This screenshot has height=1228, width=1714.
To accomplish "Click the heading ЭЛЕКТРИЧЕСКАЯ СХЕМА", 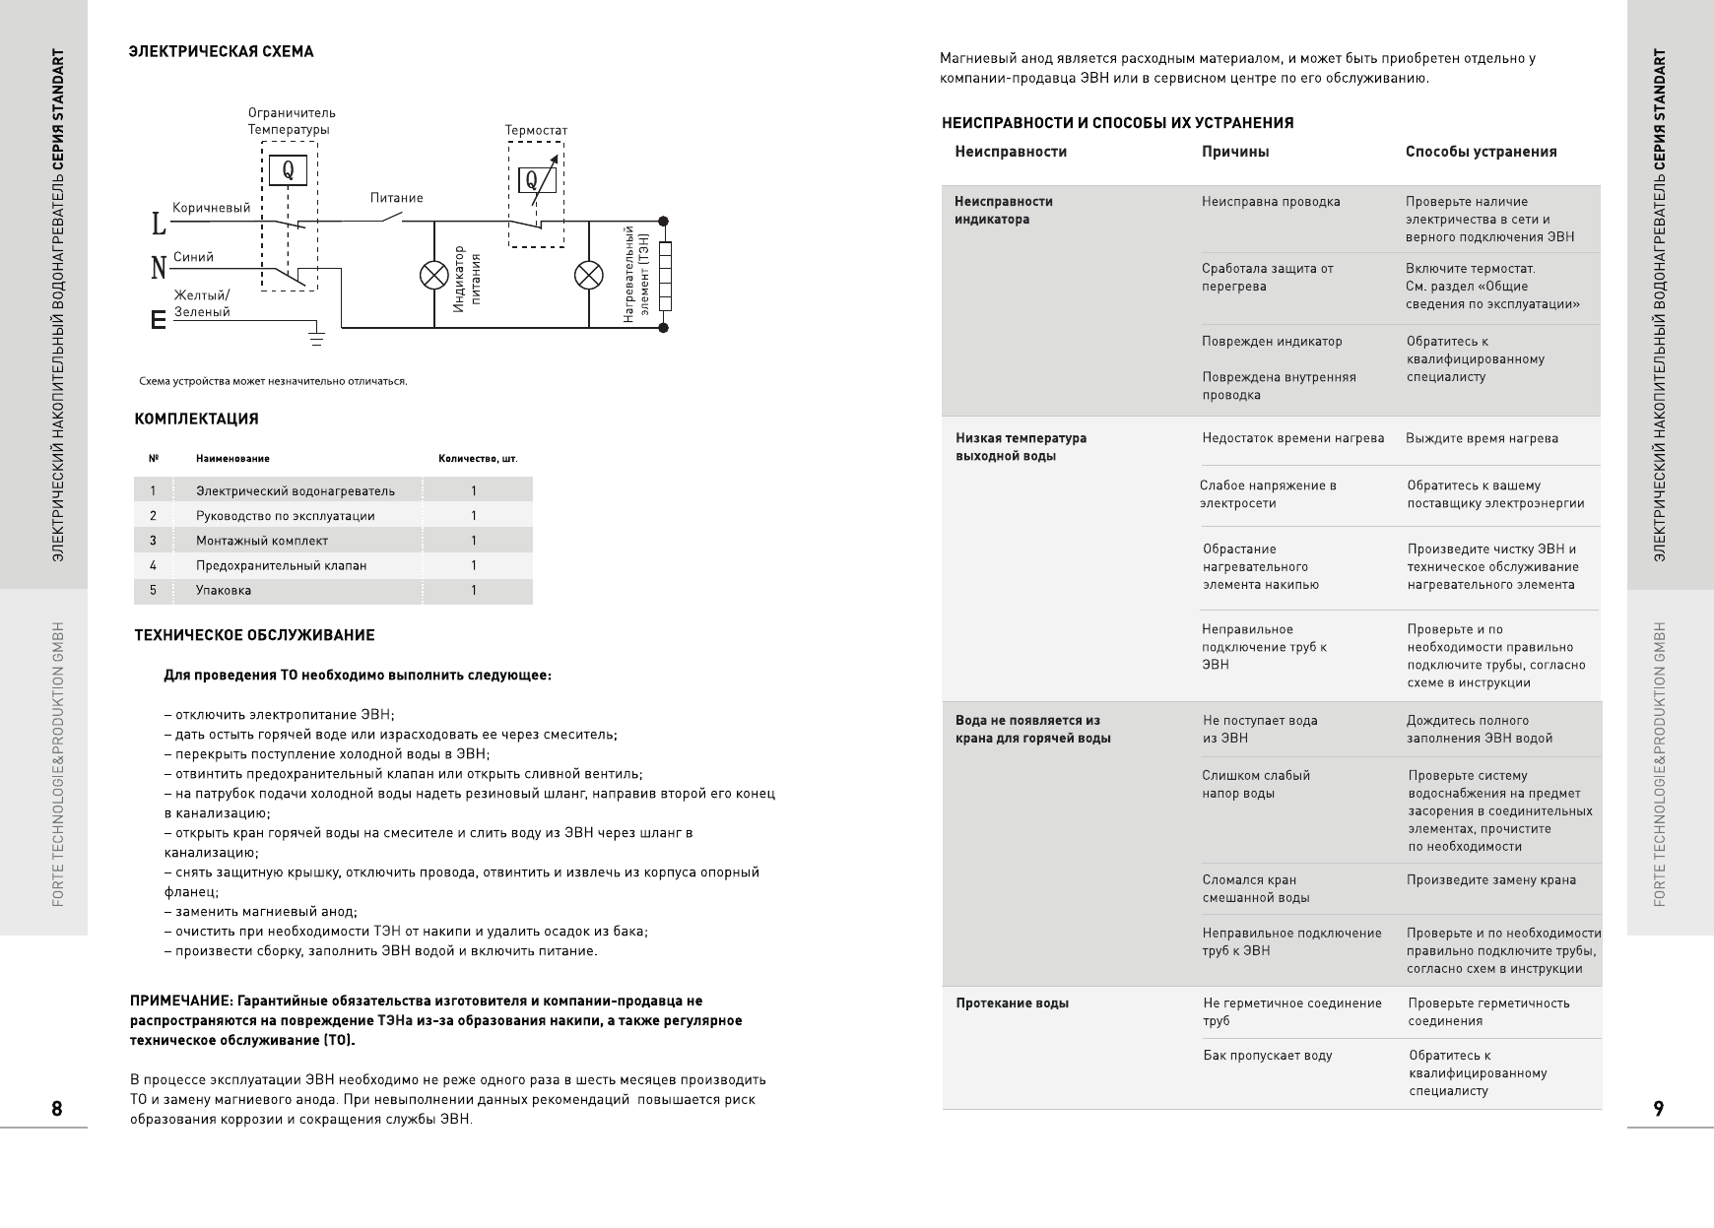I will pyautogui.click(x=221, y=52).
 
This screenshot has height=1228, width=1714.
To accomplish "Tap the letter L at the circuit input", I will pyautogui.click(x=158, y=225).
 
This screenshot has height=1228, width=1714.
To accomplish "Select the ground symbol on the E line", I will pyautogui.click(x=317, y=338).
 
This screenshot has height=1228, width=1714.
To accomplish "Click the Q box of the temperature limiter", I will pyautogui.click(x=288, y=170).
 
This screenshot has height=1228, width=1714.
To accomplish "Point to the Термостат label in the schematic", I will pyautogui.click(x=536, y=130).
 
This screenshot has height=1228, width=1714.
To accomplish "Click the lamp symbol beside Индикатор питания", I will pyautogui.click(x=434, y=275).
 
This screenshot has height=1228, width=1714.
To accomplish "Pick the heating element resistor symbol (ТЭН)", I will pyautogui.click(x=664, y=275).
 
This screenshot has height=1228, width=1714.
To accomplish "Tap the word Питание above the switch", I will pyautogui.click(x=397, y=198).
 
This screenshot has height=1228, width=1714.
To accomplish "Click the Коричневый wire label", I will pyautogui.click(x=211, y=208).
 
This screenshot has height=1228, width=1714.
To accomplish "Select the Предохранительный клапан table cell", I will pyautogui.click(x=281, y=565).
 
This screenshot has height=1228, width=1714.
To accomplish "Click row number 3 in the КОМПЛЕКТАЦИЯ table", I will pyautogui.click(x=153, y=541).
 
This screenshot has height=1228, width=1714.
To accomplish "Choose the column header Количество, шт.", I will pyautogui.click(x=478, y=458).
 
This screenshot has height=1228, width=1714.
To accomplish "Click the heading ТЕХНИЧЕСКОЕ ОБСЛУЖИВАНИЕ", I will pyautogui.click(x=254, y=636).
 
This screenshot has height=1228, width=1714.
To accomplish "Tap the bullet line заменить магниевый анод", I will pyautogui.click(x=261, y=912).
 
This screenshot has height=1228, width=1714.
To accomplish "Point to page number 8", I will pyautogui.click(x=57, y=1109).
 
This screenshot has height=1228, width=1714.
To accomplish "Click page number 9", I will pyautogui.click(x=1659, y=1109).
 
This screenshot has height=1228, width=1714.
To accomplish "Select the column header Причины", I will pyautogui.click(x=1235, y=152).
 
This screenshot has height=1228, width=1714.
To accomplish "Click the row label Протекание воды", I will pyautogui.click(x=1012, y=1003).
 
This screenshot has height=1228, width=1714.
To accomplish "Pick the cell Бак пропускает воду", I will pyautogui.click(x=1267, y=1056).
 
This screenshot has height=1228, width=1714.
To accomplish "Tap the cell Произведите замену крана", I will pyautogui.click(x=1490, y=880).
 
